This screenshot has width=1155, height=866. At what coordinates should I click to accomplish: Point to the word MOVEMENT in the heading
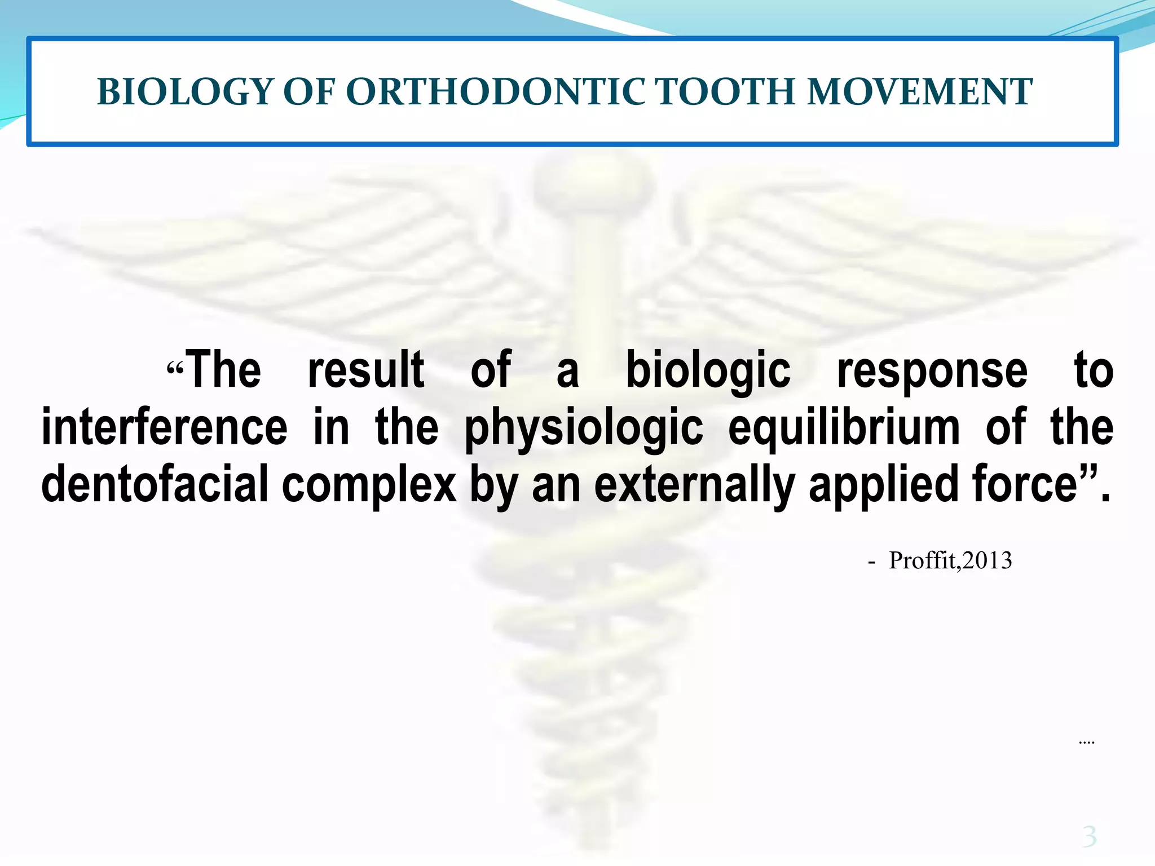pyautogui.click(x=919, y=92)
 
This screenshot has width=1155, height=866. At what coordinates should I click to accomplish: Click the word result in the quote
pyautogui.click(x=366, y=370)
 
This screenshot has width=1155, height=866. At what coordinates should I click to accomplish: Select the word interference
pyautogui.click(x=165, y=427)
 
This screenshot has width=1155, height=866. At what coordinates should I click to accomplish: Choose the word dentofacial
pyautogui.click(x=155, y=484)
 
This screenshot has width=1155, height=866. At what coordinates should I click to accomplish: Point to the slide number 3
pyautogui.click(x=1089, y=836)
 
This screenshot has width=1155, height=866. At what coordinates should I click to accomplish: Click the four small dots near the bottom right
pyautogui.click(x=1086, y=743)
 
